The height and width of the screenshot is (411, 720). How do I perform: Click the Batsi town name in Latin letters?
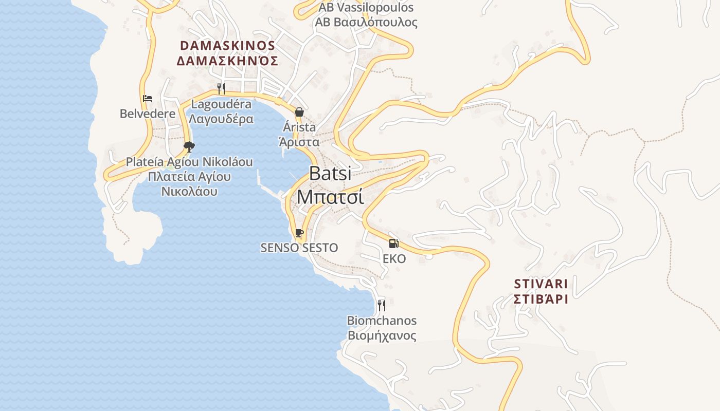(330, 174)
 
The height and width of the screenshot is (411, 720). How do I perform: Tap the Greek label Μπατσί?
(330, 197)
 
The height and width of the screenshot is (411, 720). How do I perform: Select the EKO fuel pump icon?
(394, 243)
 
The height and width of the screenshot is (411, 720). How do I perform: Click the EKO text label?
(394, 258)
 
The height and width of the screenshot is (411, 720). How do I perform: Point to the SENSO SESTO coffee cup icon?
(299, 233)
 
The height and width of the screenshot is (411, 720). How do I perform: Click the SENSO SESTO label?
(299, 248)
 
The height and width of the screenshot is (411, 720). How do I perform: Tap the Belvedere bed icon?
(148, 98)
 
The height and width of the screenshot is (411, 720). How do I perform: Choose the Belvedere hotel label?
(148, 113)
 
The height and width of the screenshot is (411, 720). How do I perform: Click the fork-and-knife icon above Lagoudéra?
(221, 88)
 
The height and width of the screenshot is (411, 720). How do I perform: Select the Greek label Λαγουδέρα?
(221, 119)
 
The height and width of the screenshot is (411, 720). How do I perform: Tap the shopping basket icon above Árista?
(299, 111)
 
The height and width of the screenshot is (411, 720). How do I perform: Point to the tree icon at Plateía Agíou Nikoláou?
(189, 147)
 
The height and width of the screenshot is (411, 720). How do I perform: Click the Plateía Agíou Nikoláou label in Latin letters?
(189, 162)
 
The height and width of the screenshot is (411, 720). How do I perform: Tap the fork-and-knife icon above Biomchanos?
(382, 306)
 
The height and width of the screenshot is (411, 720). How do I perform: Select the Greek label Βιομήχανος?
(382, 336)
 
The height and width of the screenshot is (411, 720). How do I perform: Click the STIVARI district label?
(541, 284)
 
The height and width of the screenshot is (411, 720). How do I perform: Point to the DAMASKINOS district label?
(227, 45)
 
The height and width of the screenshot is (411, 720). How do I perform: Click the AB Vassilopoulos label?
(366, 8)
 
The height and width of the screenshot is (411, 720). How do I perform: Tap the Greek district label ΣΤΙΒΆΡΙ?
(541, 299)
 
